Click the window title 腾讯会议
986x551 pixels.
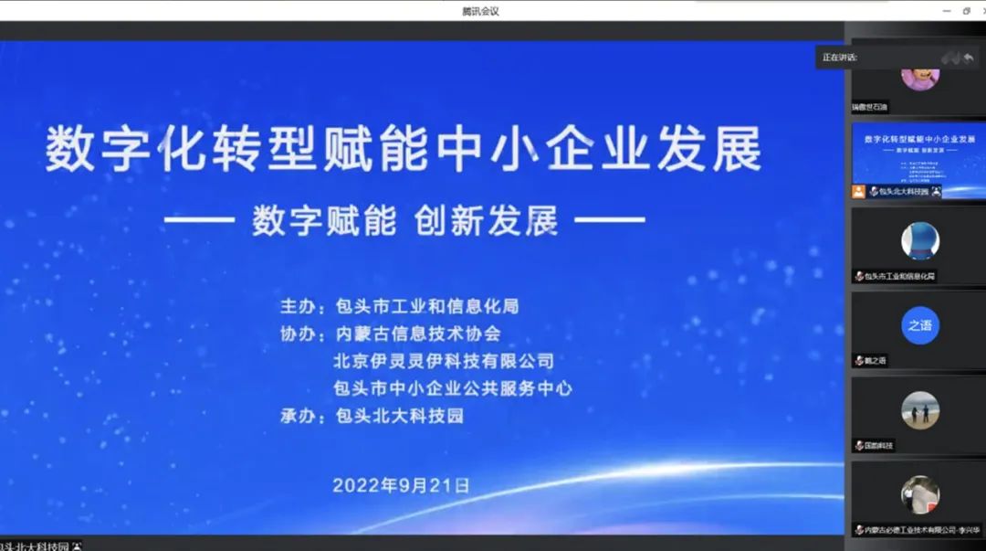(x=480, y=11)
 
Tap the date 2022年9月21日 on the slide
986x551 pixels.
(x=401, y=485)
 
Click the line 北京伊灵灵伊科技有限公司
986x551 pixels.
(x=444, y=361)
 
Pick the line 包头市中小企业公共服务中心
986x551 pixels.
(x=453, y=388)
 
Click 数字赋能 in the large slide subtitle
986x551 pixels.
(x=324, y=220)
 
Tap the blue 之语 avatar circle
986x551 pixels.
(x=919, y=325)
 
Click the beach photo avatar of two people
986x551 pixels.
(x=919, y=410)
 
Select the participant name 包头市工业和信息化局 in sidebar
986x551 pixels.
(x=900, y=276)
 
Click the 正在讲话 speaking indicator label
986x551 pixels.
(x=839, y=58)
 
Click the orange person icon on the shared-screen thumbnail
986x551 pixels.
(x=858, y=192)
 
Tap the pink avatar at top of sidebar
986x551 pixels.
(x=919, y=73)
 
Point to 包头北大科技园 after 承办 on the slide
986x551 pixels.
(x=400, y=417)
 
